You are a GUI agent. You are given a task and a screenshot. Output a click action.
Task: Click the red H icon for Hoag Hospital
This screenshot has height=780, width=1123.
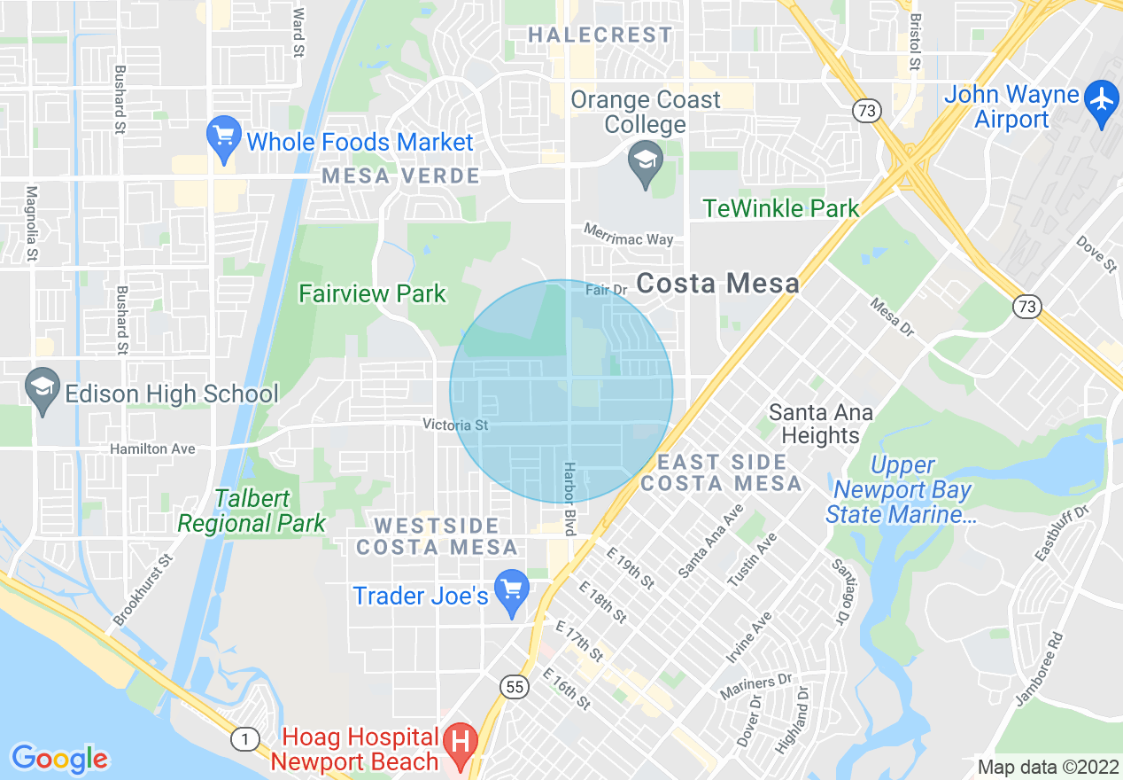[x=460, y=741]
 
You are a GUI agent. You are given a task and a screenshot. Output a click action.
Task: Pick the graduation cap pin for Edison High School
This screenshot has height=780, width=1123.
[x=42, y=391]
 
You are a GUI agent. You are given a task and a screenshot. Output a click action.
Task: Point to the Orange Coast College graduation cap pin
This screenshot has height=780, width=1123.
[x=645, y=163]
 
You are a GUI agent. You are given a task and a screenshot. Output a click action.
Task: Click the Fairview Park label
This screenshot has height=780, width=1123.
[x=372, y=293]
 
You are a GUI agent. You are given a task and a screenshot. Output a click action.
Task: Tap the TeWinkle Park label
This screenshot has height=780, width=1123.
[x=780, y=208]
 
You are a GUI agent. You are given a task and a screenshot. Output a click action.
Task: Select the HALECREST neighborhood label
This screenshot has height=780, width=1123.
[x=600, y=35]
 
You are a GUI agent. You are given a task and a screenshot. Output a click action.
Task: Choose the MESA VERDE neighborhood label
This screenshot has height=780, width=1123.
[x=401, y=175]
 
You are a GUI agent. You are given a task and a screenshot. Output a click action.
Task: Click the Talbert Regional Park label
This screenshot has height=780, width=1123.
[x=252, y=511]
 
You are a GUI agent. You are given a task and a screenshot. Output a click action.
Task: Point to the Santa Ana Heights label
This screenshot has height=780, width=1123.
[x=820, y=424]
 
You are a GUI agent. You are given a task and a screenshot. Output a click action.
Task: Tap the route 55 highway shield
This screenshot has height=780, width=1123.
[x=513, y=686]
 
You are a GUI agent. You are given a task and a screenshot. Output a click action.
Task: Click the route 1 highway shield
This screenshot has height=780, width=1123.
[x=244, y=738]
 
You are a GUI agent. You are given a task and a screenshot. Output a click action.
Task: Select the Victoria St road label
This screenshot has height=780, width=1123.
[x=455, y=425]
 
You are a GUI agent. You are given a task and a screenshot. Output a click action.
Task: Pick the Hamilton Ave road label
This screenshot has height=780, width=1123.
[x=152, y=449]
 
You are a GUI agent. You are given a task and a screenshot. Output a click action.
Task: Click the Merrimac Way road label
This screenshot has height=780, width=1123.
[x=628, y=234]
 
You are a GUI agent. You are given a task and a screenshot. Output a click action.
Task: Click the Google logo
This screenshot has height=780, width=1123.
[x=59, y=759]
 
